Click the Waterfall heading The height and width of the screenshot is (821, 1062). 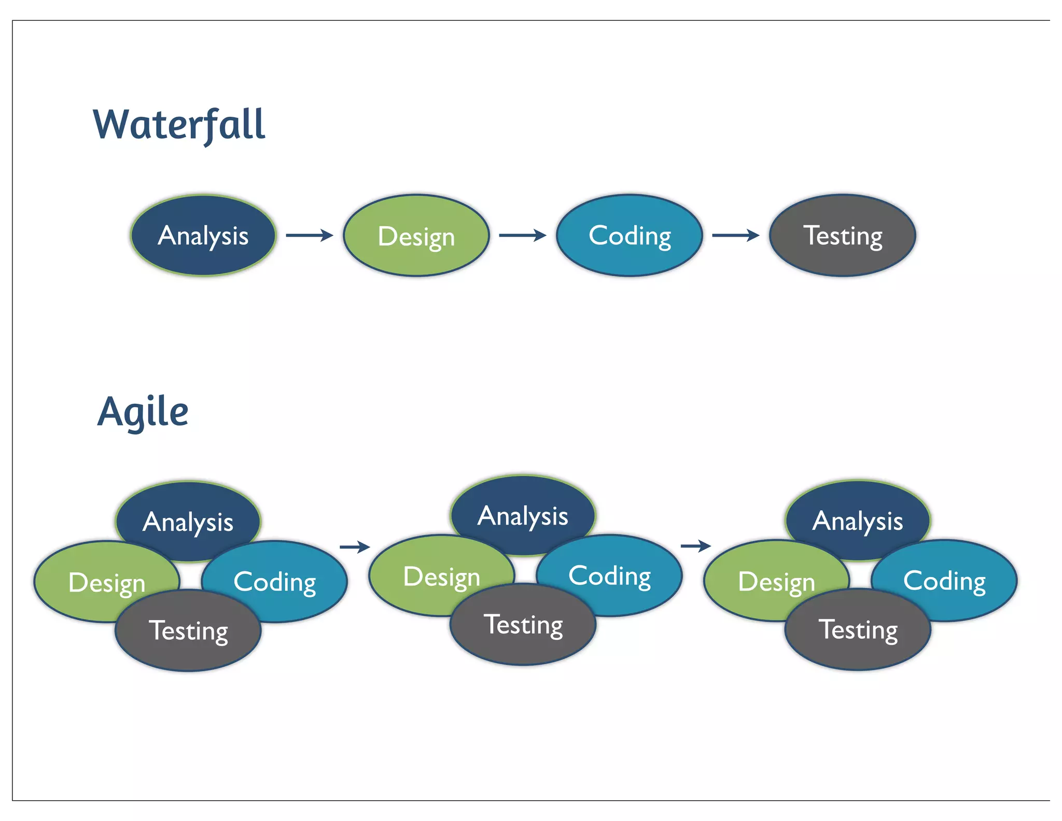tap(179, 125)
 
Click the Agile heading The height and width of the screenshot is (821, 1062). tap(143, 412)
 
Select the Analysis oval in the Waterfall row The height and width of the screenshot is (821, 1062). tap(203, 236)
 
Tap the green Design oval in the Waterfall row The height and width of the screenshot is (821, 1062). tap(416, 236)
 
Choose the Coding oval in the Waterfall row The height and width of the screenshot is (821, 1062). tap(630, 236)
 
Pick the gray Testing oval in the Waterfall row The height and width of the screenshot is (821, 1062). tap(843, 236)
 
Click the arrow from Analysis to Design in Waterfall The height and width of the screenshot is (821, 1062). tap(309, 236)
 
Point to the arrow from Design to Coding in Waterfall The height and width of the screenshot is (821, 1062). tap(522, 236)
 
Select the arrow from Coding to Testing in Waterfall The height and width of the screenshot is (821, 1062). tap(735, 236)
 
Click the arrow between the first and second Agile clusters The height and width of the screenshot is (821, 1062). tap(355, 546)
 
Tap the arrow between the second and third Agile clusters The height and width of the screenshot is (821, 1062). tap(695, 546)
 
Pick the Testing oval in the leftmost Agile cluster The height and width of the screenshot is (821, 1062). tap(188, 631)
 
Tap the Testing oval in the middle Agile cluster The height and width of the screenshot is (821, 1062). tap(523, 625)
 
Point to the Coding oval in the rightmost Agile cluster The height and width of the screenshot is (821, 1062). tap(952, 579)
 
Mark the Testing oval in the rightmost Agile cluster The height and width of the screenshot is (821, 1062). tap(858, 630)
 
